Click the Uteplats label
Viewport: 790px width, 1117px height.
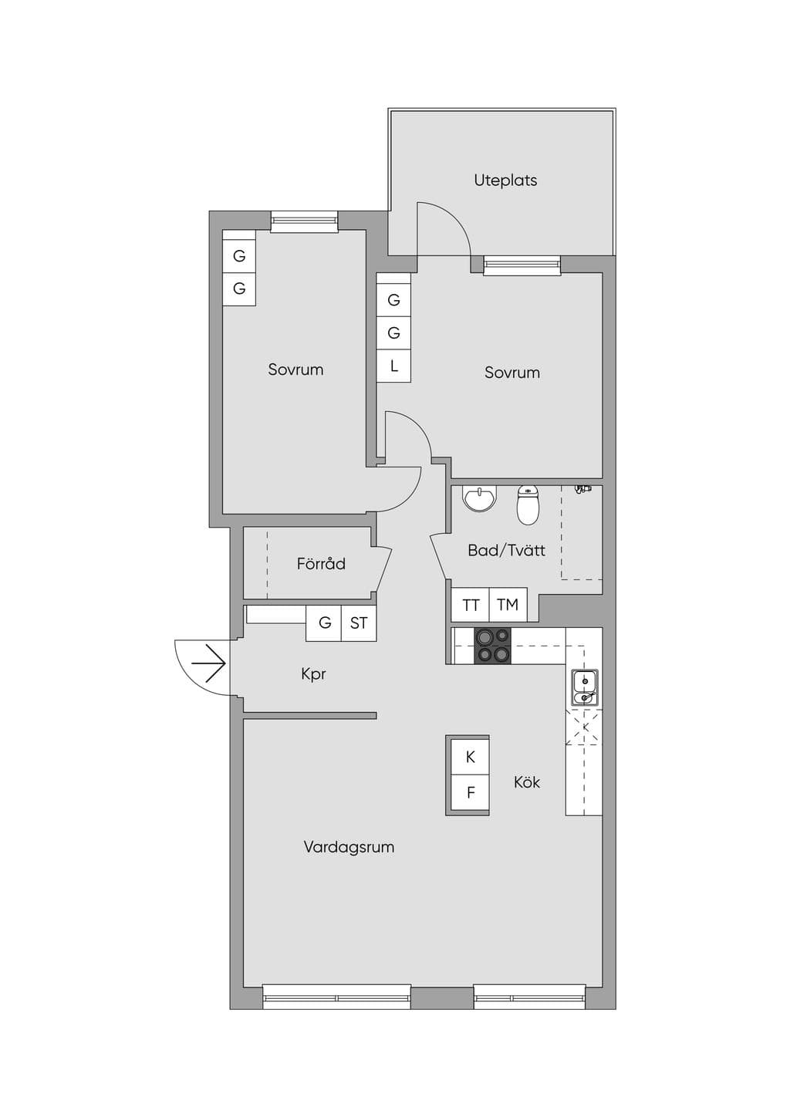[505, 180]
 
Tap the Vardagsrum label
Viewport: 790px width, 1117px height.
[349, 847]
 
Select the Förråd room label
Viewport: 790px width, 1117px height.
[321, 563]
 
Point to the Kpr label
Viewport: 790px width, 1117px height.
[313, 675]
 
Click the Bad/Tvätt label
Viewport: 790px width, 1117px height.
[506, 550]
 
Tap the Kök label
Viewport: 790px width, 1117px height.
[527, 782]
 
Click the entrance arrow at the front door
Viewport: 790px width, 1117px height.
[208, 663]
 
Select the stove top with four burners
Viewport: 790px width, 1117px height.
[492, 645]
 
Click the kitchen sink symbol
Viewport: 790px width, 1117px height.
[584, 687]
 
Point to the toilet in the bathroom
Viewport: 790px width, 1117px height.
[528, 505]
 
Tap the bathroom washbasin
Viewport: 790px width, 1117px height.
[480, 498]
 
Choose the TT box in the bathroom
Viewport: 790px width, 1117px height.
[471, 604]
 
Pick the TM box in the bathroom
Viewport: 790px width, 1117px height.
[508, 604]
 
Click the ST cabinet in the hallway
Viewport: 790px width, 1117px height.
[359, 623]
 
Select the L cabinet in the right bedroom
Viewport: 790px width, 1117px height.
[393, 366]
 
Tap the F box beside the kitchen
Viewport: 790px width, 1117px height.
[470, 792]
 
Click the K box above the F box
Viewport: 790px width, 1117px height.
[470, 757]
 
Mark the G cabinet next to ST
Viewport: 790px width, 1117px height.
[324, 623]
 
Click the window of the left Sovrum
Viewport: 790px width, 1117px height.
[304, 221]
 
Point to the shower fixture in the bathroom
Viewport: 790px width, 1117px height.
[582, 490]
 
